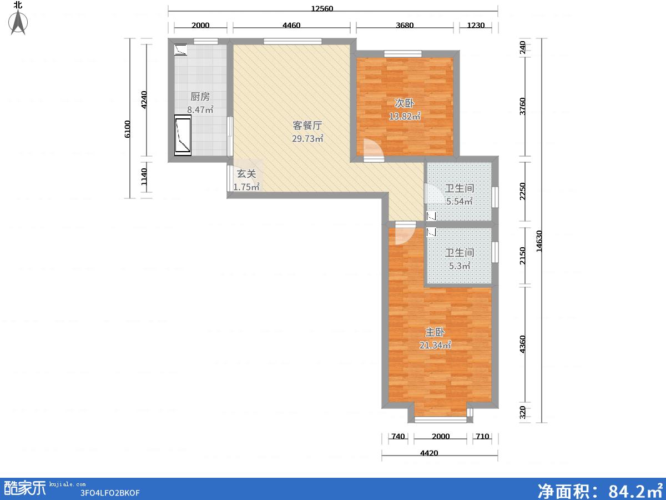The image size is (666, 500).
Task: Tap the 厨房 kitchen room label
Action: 200,97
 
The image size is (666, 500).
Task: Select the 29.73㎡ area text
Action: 307,138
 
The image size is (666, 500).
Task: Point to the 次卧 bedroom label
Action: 404,103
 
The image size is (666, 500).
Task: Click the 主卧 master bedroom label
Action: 435,332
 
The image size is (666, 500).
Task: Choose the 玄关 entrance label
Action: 246,174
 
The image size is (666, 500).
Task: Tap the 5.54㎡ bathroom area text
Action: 459,201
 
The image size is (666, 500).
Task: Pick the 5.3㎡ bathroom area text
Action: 460,266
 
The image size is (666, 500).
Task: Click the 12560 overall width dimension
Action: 322,8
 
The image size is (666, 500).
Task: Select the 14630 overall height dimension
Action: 538,241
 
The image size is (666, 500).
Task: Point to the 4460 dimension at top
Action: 291,25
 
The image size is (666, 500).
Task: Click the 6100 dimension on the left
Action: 127,129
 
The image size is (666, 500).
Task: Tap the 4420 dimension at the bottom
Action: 429,453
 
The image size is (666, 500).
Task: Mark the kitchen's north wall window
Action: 206,41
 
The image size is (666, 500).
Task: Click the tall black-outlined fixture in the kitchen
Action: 183,135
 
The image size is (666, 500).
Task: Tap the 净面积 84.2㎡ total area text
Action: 600,490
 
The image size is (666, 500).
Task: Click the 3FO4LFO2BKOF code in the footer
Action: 110,493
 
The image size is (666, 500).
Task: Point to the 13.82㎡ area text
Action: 405,116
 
